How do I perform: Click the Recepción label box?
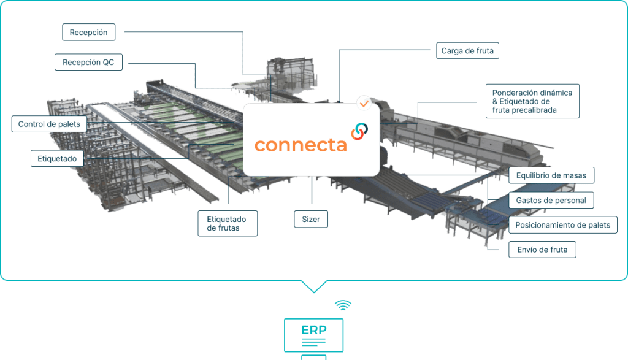pos(89,32)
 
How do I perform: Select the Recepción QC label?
pos(88,62)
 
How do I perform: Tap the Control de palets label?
pos(49,124)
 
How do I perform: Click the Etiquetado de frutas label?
pos(227,223)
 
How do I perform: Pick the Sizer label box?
pos(311,219)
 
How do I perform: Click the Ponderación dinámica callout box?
pos(532,101)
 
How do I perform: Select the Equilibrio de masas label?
pos(551,175)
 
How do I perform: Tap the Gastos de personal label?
pos(551,200)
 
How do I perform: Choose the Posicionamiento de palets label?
pos(562,225)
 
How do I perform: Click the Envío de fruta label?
pos(542,250)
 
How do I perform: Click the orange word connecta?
pos(301,145)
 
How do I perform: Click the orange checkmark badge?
pos(364,102)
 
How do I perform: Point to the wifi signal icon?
pos(343,305)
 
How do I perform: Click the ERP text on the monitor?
pos(314,330)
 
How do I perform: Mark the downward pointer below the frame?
pos(314,286)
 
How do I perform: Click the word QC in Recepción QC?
pos(108,62)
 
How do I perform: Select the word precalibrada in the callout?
pos(538,110)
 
